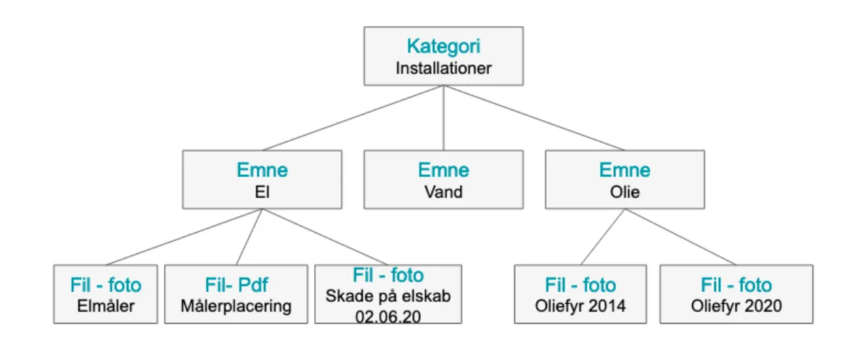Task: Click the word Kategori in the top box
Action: [x=443, y=46]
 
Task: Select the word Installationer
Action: [x=443, y=69]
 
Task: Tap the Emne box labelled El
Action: [x=262, y=179]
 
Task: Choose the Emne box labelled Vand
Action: [x=443, y=179]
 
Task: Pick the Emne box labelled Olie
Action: [x=625, y=179]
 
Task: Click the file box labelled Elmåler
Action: [x=106, y=294]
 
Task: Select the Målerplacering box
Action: [x=237, y=294]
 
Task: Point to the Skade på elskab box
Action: [x=388, y=293]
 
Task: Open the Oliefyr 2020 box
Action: [x=736, y=294]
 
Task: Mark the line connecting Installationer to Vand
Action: [x=443, y=118]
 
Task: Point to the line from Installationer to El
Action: [x=352, y=118]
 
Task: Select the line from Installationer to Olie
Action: [x=535, y=118]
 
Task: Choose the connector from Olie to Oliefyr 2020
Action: [x=680, y=237]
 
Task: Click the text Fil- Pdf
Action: [x=237, y=285]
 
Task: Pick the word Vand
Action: [x=443, y=192]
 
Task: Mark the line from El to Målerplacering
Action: [x=249, y=237]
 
